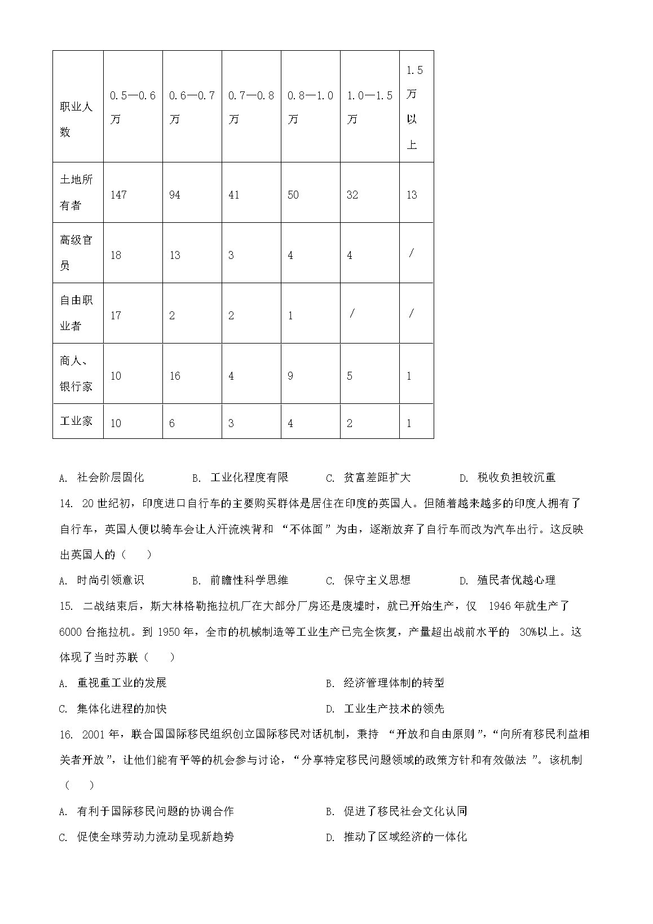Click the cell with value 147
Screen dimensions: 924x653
[118, 195]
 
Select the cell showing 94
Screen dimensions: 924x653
[175, 195]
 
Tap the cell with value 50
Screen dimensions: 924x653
[293, 195]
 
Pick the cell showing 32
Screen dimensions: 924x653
[352, 195]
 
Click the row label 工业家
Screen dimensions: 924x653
[76, 421]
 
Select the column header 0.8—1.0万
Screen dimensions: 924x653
[310, 107]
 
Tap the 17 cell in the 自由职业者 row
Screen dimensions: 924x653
[116, 315]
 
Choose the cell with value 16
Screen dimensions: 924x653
[175, 376]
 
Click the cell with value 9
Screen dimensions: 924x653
[290, 376]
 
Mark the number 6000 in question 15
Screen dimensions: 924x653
[70, 632]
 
